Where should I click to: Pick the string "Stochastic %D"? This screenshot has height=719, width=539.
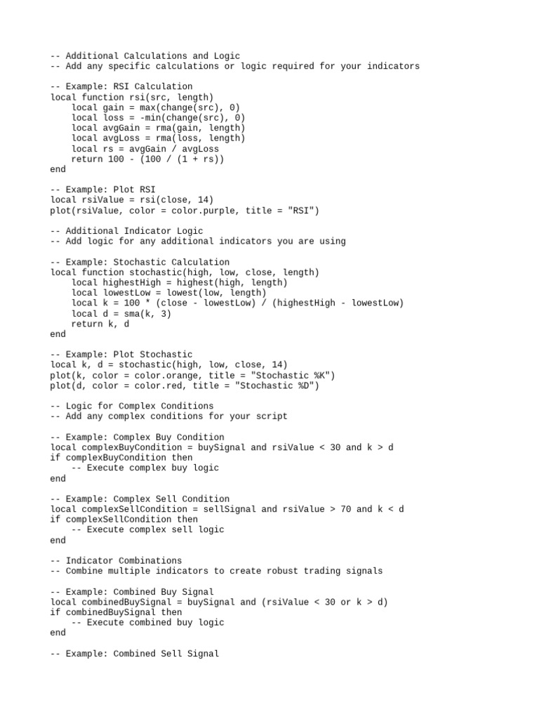point(277,385)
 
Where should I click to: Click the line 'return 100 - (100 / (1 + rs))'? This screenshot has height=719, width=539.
point(147,159)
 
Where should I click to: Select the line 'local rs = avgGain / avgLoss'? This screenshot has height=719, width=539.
point(145,149)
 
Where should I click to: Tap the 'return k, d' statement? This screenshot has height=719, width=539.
point(100,324)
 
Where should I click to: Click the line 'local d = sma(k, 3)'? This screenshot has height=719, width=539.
point(121,313)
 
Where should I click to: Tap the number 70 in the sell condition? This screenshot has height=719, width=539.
point(346,509)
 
